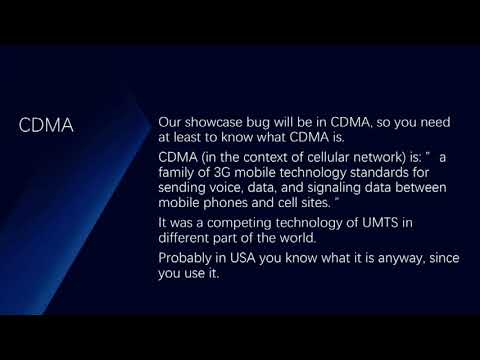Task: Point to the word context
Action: (x=255, y=157)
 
